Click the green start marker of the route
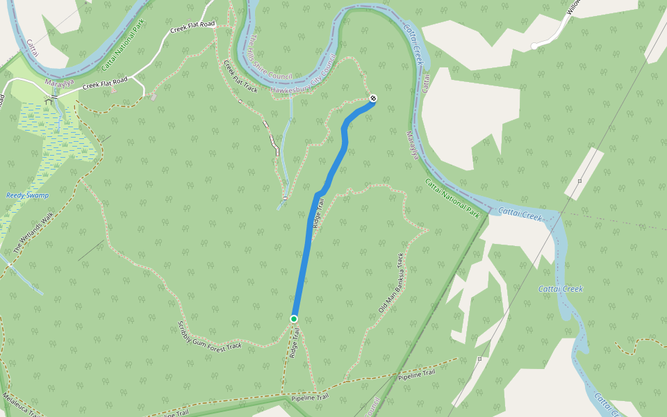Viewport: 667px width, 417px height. (x=294, y=319)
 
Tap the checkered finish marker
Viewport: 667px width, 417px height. (x=373, y=98)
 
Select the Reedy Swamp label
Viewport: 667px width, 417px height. (x=28, y=195)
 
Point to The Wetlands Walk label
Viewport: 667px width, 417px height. (x=33, y=232)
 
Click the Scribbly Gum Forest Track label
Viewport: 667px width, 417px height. (x=209, y=336)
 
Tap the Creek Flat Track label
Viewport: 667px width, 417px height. (x=240, y=76)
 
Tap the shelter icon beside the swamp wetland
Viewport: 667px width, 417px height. (x=48, y=101)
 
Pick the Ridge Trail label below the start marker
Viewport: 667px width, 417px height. (x=296, y=343)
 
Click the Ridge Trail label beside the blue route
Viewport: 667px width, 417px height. (x=318, y=213)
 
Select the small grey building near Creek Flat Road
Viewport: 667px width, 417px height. (x=153, y=97)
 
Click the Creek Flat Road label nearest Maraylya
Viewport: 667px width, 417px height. (x=105, y=84)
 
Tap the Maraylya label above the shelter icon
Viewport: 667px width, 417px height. (x=58, y=83)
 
